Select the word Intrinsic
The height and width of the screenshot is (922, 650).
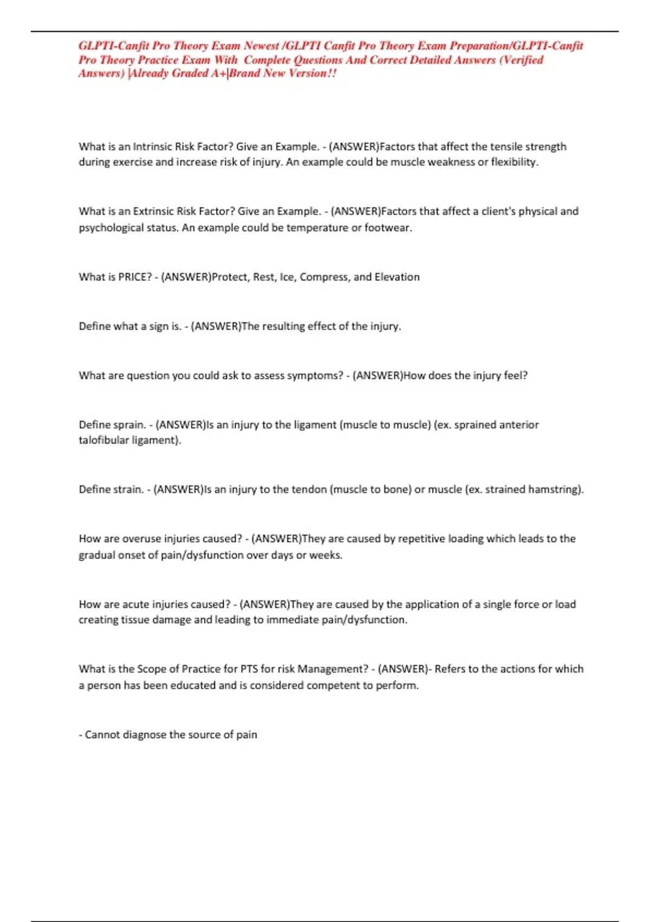pos(152,146)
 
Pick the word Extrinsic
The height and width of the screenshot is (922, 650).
pos(153,212)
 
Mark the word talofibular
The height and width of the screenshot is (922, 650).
pos(103,440)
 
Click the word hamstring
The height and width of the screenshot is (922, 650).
pos(555,490)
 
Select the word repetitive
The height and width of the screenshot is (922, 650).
pos(421,539)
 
